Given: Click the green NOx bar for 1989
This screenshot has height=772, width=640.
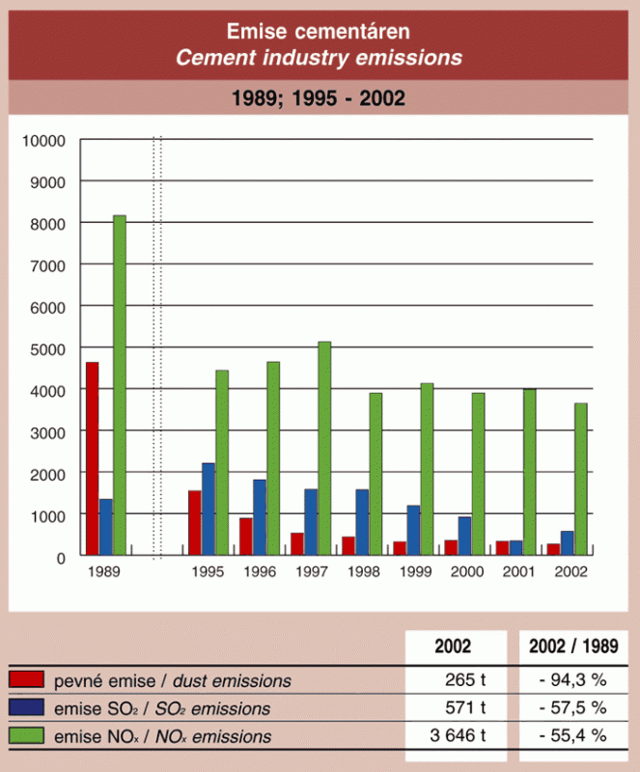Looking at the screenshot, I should [x=119, y=386].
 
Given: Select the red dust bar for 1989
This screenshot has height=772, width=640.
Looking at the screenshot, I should [x=92, y=459].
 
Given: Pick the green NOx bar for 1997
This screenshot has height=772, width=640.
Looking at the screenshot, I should [x=324, y=449].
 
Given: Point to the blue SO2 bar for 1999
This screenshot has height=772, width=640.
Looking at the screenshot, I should [x=413, y=531].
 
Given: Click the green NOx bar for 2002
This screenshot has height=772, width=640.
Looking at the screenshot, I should [x=580, y=480].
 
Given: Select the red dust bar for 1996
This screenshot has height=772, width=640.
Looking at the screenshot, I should [x=246, y=537].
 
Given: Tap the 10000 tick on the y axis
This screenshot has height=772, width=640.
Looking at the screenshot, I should [x=44, y=140].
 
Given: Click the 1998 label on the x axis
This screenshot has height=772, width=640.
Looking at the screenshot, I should [x=362, y=571].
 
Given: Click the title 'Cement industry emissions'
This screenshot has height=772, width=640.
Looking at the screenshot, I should [x=319, y=58].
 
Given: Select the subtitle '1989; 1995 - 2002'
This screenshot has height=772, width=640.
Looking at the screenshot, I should [x=319, y=98].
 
